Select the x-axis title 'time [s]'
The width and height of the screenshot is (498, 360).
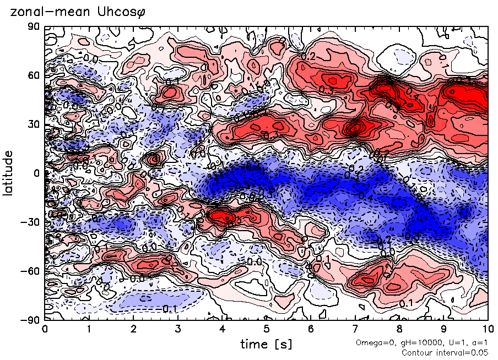266,344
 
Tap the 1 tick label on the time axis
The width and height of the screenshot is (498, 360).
89,329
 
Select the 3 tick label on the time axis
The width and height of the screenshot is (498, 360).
177,329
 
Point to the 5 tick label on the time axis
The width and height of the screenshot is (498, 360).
266,329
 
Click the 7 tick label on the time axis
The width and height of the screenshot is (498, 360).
355,329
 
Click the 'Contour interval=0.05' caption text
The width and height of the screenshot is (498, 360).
445,352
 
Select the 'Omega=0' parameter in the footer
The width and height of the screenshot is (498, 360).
372,343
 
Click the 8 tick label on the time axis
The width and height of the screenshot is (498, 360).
399,329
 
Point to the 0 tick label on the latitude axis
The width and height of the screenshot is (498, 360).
36,173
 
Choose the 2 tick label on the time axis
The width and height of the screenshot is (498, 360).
133,329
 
